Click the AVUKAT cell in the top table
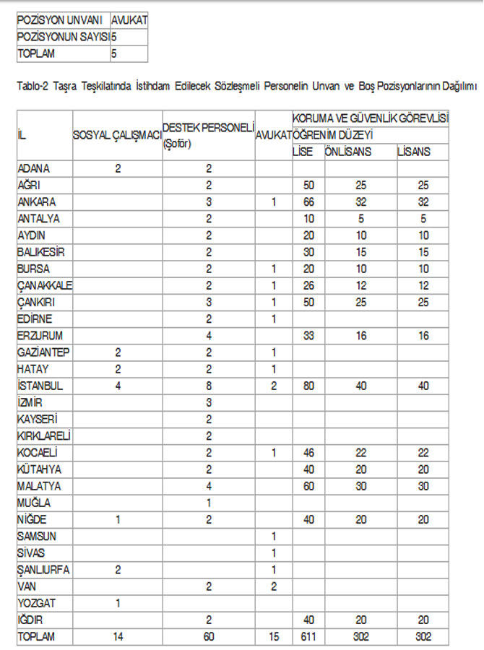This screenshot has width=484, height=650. [x=129, y=20]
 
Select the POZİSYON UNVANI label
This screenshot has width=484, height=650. [x=62, y=20]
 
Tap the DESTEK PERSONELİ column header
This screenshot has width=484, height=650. [x=208, y=127]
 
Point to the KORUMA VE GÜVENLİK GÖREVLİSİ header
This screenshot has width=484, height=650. [x=371, y=117]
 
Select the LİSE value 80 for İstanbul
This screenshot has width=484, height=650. [x=308, y=386]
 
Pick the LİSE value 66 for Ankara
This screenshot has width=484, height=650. [x=308, y=201]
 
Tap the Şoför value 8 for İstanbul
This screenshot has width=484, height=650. [x=208, y=386]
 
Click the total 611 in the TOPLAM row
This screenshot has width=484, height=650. [x=308, y=637]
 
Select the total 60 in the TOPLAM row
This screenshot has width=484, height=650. [x=208, y=637]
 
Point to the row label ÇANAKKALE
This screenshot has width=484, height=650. [x=44, y=285]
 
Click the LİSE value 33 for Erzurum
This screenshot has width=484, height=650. [x=308, y=336]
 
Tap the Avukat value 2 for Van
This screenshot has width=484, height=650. [x=274, y=586]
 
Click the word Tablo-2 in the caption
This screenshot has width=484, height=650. [x=32, y=87]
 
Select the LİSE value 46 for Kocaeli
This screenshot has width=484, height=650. [x=308, y=453]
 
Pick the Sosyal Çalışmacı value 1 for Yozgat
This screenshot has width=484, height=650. [x=117, y=602]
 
